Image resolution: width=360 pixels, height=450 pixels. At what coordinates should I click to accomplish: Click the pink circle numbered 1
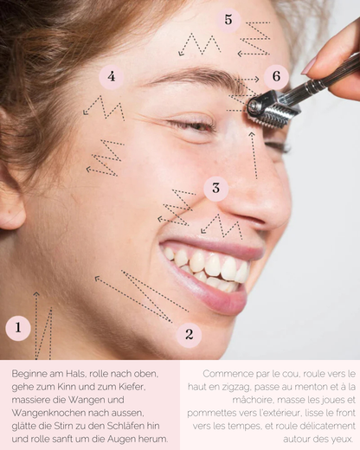point(18,328)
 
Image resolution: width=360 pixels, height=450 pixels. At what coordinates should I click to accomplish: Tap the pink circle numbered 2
point(189,335)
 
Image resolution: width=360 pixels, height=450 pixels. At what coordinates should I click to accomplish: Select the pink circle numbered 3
point(215,188)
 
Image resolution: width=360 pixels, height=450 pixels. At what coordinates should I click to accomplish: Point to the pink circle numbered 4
point(111,77)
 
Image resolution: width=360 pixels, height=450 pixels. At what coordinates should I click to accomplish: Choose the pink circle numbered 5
point(228,19)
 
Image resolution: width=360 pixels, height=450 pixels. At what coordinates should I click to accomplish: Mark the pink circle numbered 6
point(275,77)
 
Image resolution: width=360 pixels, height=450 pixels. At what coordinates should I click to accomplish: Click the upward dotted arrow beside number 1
point(36,325)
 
